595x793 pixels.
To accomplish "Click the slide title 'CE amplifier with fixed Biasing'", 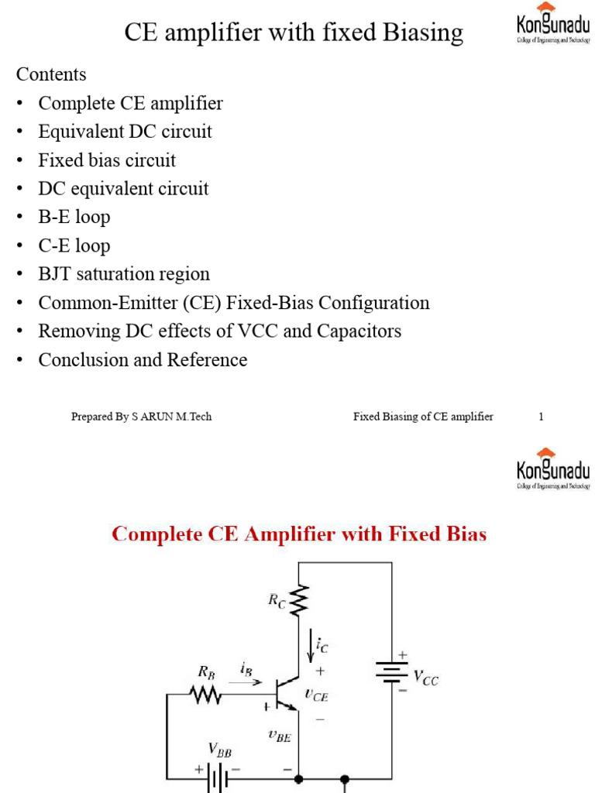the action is click(294, 33).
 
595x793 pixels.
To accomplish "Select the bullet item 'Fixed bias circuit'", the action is click(107, 160).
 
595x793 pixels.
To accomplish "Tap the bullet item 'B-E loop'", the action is click(74, 217).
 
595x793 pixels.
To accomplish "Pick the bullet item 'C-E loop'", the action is click(74, 245).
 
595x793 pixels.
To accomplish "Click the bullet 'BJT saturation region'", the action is click(124, 274).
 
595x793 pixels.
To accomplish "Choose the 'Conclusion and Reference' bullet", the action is click(143, 360).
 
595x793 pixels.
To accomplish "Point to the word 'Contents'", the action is click(51, 74).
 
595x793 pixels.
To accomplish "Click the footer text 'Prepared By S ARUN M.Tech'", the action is click(141, 417).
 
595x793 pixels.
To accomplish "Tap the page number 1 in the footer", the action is click(541, 417).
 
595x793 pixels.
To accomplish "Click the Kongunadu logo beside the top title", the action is click(552, 26).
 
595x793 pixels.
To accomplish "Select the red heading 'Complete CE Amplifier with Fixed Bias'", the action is click(299, 534).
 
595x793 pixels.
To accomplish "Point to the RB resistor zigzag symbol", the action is click(206, 694).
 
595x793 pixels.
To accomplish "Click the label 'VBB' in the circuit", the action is click(219, 750).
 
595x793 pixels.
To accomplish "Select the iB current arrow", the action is click(249, 681).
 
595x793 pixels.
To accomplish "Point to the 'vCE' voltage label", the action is click(316, 695).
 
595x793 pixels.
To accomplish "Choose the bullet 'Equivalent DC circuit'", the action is click(125, 132).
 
